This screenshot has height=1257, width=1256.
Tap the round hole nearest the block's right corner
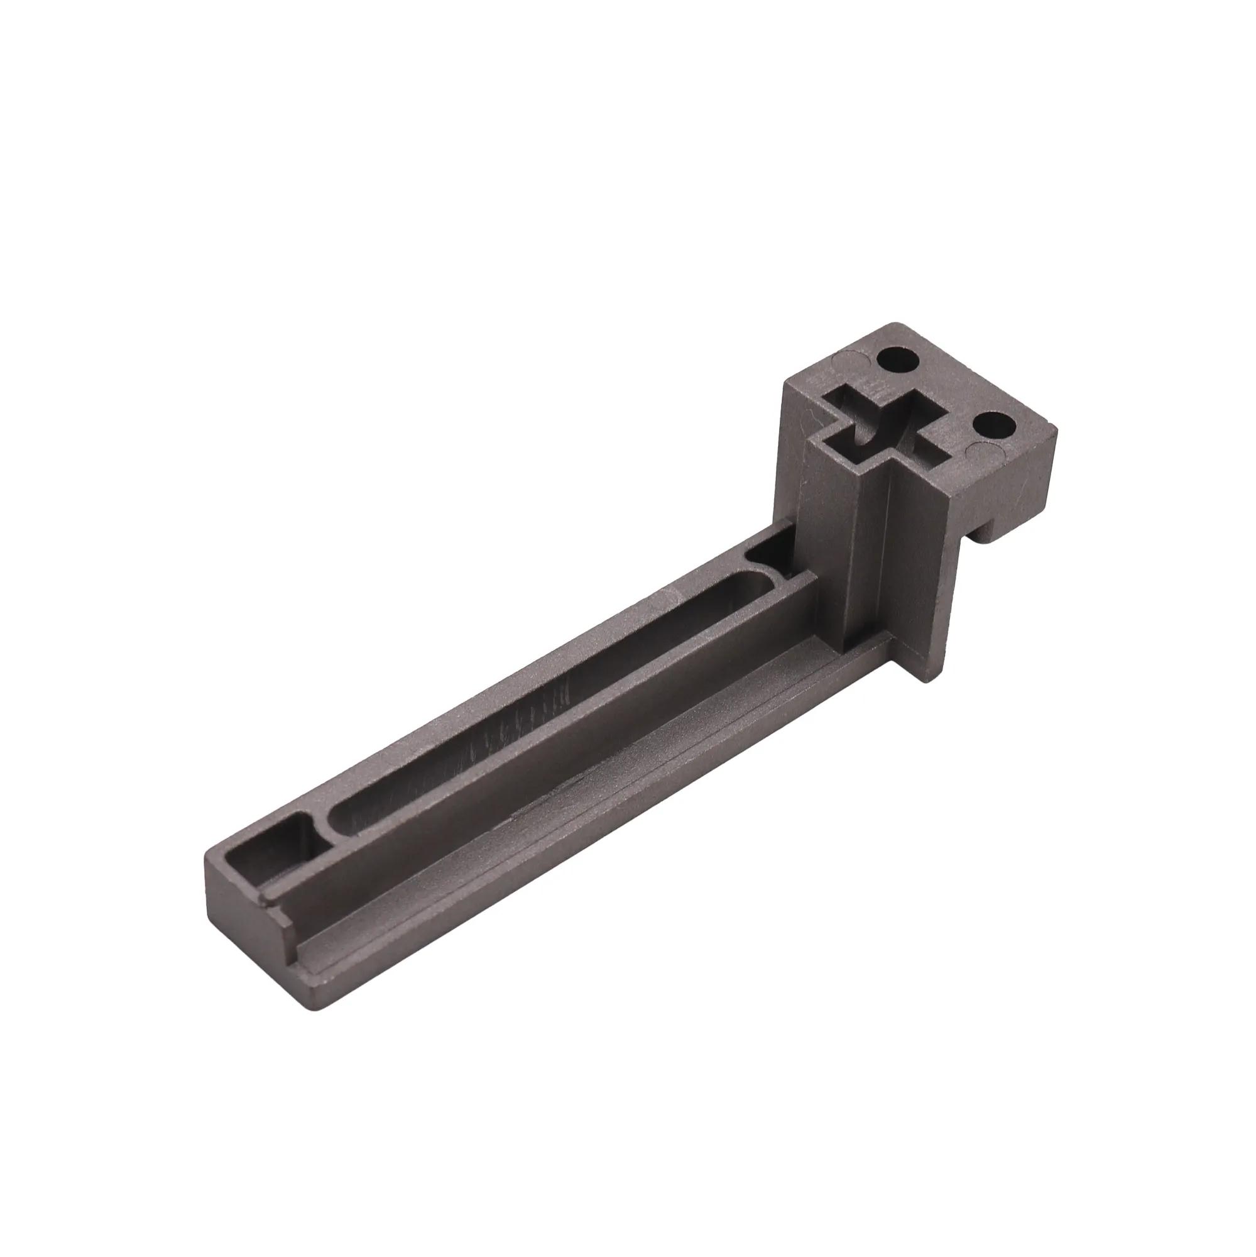(x=992, y=425)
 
